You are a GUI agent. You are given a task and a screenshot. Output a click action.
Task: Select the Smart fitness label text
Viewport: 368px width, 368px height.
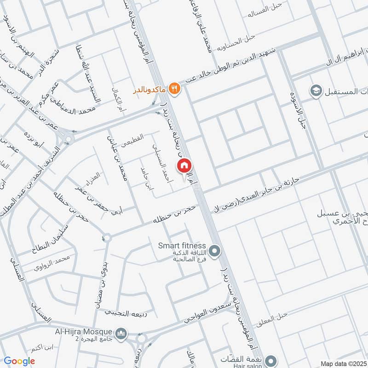pyautogui.click(x=182, y=246)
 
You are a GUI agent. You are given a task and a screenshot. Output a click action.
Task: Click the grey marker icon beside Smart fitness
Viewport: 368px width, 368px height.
pyautogui.click(x=214, y=251)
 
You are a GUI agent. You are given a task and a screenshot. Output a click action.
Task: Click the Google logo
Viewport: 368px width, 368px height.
pyautogui.click(x=19, y=361)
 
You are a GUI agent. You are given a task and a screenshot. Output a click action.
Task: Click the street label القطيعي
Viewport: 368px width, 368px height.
pyautogui.click(x=133, y=140)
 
